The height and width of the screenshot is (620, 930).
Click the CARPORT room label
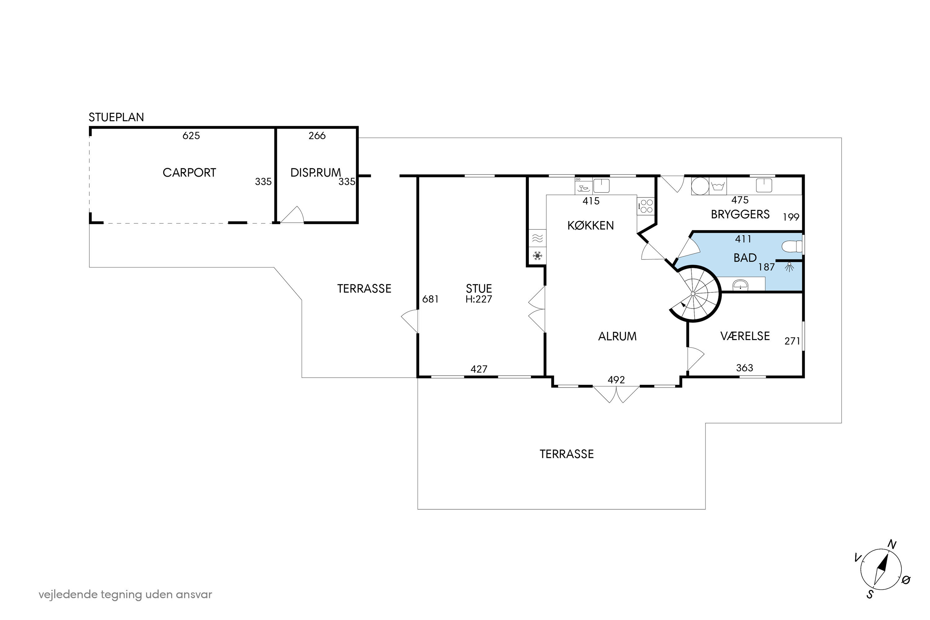point(189,173)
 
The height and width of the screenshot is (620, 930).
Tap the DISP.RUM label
point(316,173)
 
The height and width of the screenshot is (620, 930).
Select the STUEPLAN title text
point(116,117)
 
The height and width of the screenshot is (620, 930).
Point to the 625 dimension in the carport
point(191,136)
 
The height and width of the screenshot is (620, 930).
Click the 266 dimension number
point(317,136)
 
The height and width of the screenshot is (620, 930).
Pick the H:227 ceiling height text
point(479,299)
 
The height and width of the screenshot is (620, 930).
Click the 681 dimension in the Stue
point(430,299)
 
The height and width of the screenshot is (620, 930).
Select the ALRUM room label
point(617,336)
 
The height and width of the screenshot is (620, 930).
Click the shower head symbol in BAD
point(789,267)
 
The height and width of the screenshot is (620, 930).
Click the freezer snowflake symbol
point(537,256)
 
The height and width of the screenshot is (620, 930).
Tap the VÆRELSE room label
point(745,336)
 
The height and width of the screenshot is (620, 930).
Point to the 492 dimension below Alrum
point(616,380)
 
